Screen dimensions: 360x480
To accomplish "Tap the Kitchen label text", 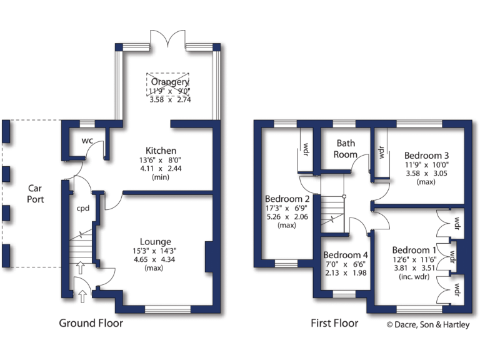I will [x=161, y=151].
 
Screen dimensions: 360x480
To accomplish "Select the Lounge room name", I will [x=156, y=242].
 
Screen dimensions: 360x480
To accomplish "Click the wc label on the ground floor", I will [x=87, y=140].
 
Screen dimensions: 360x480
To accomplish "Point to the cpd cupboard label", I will [x=82, y=209].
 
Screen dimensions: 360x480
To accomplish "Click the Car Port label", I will [x=34, y=194].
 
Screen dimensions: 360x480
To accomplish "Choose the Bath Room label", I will [x=346, y=149].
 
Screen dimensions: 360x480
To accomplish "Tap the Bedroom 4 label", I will [x=346, y=255].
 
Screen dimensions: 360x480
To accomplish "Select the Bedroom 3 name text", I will [x=427, y=155].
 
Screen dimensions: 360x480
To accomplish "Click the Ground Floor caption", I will [x=91, y=323].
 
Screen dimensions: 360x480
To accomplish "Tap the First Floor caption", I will [x=334, y=323].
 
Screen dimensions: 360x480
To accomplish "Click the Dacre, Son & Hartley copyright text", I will [x=427, y=324].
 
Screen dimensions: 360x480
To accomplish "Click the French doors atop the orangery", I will [x=169, y=39].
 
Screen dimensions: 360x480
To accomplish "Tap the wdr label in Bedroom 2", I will [x=306, y=150].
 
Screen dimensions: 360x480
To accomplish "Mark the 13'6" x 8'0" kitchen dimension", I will [x=161, y=160].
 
